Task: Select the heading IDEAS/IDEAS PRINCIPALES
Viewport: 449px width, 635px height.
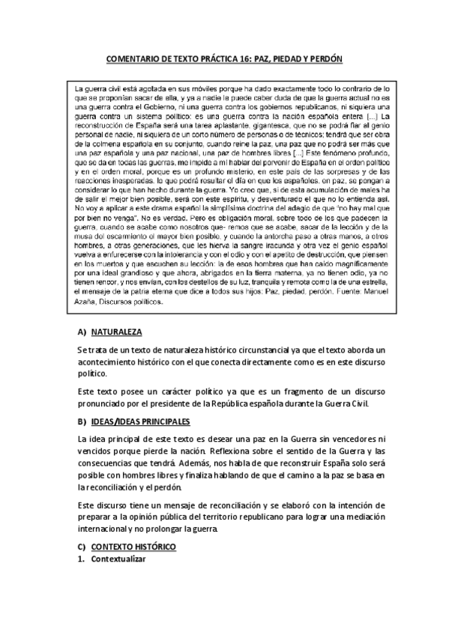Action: pos(140,421)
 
